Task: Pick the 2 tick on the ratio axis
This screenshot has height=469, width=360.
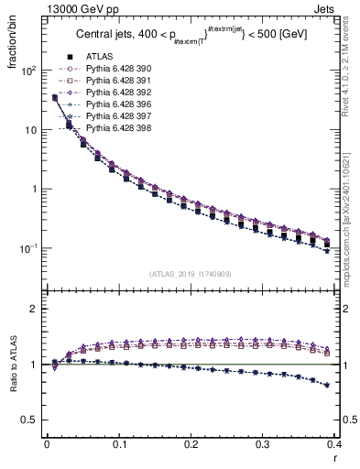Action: [x=35, y=310]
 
